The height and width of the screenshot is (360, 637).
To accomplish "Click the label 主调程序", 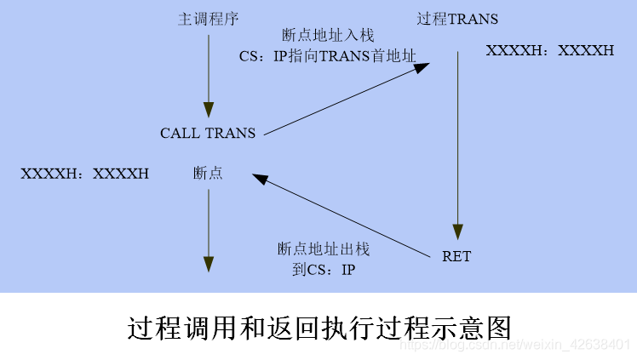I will pyautogui.click(x=208, y=18).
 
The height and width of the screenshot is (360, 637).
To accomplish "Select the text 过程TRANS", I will pyautogui.click(x=458, y=19).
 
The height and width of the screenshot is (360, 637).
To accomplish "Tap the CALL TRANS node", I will pyautogui.click(x=208, y=133).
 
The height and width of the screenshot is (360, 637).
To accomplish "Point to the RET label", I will pyautogui.click(x=456, y=255).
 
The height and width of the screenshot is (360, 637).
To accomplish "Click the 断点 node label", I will pyautogui.click(x=208, y=173).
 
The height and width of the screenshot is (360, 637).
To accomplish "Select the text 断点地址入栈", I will pyautogui.click(x=328, y=37).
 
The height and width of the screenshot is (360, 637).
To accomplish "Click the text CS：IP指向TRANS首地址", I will pyautogui.click(x=328, y=56).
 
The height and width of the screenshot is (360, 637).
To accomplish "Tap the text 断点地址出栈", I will pyautogui.click(x=324, y=249).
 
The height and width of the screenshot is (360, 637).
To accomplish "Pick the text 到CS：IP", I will pyautogui.click(x=324, y=269).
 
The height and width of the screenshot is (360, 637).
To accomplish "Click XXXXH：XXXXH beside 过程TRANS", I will pyautogui.click(x=549, y=50).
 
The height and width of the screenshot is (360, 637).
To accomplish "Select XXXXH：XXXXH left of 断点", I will pyautogui.click(x=84, y=173).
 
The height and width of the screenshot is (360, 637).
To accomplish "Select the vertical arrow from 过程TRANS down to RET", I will pyautogui.click(x=458, y=145).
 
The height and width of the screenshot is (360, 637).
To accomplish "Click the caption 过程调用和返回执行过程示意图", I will pyautogui.click(x=318, y=326).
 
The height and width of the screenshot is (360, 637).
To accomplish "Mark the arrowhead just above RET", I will pyautogui.click(x=458, y=232).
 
